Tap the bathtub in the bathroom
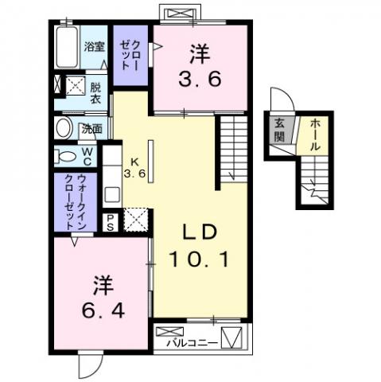68,46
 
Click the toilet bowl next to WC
68,155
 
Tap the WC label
88,155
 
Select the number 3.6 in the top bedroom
200,80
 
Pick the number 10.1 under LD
199,259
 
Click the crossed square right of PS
136,219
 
